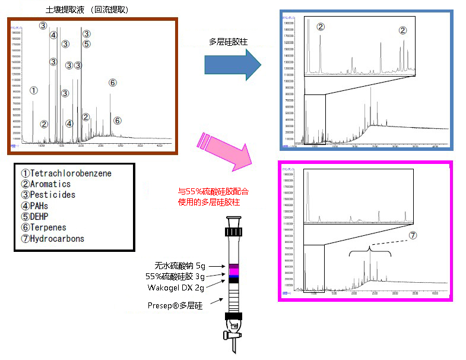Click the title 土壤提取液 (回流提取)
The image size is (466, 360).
tap(87, 10)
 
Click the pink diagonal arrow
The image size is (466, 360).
tap(229, 151)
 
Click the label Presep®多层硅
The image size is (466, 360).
tap(175, 305)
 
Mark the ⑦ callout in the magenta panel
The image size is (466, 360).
tap(413, 235)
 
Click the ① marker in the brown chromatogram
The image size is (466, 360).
tap(33, 91)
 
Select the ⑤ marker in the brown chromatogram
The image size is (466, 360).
tap(87, 44)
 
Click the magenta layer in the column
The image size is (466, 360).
tap(234, 271)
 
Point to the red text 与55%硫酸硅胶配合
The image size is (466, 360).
tap(214, 192)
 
